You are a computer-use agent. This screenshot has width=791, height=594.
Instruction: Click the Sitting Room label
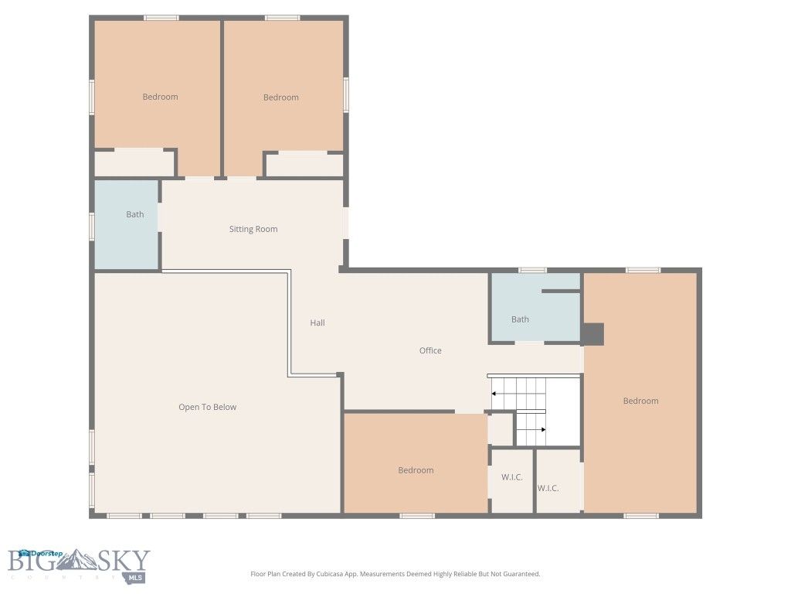click(x=253, y=229)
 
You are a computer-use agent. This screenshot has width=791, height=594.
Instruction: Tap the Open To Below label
click(x=207, y=407)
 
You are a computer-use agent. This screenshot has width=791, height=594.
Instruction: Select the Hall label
click(x=317, y=323)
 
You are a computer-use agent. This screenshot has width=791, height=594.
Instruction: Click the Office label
click(x=430, y=350)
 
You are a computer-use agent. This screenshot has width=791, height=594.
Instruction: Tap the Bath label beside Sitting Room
click(x=134, y=214)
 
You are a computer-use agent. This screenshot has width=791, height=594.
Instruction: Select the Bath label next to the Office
click(x=520, y=319)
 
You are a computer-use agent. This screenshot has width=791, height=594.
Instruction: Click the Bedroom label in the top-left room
click(x=160, y=97)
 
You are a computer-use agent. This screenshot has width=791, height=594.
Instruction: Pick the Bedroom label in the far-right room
click(x=640, y=401)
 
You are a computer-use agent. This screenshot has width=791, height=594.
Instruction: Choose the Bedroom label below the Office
click(x=416, y=470)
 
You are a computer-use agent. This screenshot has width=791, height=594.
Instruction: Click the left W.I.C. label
click(x=511, y=477)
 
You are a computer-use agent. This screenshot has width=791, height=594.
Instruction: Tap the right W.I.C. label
click(x=548, y=488)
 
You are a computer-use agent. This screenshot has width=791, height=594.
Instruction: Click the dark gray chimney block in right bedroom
click(x=592, y=334)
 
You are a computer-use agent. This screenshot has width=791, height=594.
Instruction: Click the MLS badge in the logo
click(x=137, y=577)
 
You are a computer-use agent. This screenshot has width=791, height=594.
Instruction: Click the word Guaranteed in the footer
click(x=521, y=574)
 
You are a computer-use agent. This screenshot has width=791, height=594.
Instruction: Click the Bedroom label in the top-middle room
click(x=280, y=97)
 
